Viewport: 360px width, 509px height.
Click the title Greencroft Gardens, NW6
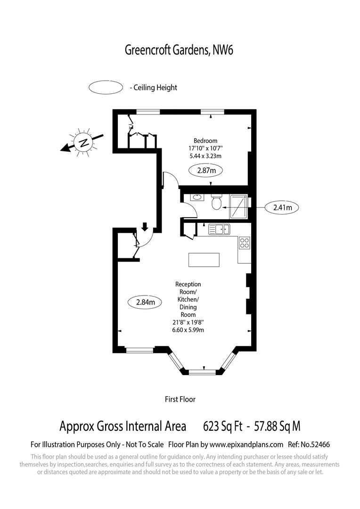179,50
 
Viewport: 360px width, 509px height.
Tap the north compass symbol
83,142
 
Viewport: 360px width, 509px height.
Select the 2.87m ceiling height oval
205,170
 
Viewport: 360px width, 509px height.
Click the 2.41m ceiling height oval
282,207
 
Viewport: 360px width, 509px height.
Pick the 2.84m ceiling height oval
145,302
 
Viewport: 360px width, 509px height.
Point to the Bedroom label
205,140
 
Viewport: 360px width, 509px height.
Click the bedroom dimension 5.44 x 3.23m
205,156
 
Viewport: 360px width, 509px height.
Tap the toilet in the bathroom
216,202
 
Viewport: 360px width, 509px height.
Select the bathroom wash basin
196,198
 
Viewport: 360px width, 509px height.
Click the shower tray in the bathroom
239,207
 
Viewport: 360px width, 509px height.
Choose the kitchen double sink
219,230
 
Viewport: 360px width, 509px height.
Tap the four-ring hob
245,243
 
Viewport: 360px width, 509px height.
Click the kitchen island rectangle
204,260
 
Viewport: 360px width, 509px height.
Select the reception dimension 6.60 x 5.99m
188,330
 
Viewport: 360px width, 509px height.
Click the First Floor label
180,399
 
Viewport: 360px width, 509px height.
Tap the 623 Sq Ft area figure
222,427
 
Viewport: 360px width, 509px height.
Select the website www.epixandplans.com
246,444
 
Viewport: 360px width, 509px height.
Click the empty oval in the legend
106,88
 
